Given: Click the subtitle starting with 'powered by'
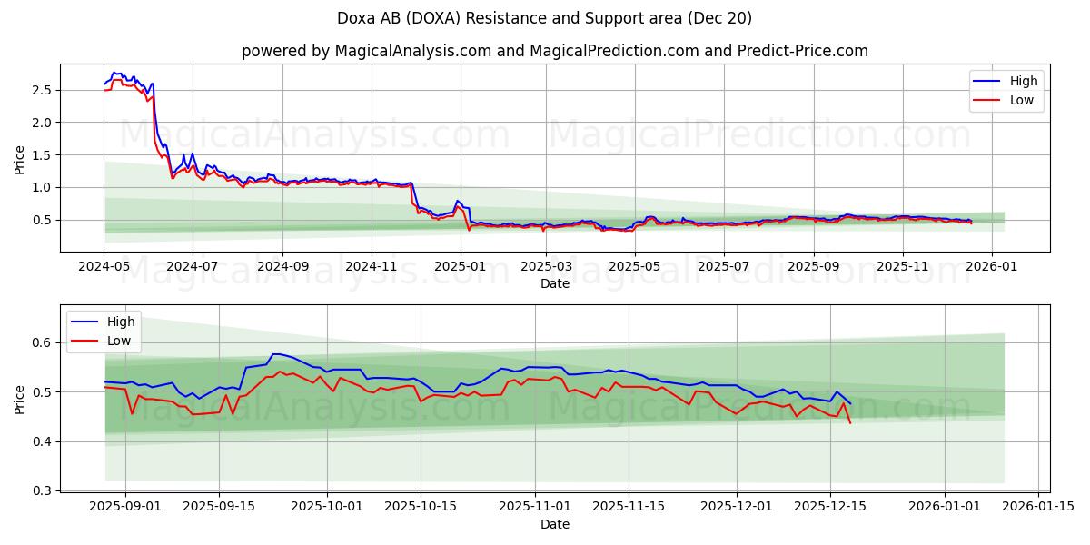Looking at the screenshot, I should coord(554,51).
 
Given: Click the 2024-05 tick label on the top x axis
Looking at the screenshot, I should coord(104,266).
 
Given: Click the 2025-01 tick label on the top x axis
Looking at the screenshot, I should coord(460,266).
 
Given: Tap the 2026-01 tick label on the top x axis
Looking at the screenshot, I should coord(991,266).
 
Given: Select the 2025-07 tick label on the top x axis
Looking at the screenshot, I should coord(723,266).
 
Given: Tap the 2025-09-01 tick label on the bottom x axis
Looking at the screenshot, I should coord(125,507).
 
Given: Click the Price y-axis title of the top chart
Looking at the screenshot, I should coord(20,159).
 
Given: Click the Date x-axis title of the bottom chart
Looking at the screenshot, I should coord(554,524).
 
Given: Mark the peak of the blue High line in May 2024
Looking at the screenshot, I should coord(114,73).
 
